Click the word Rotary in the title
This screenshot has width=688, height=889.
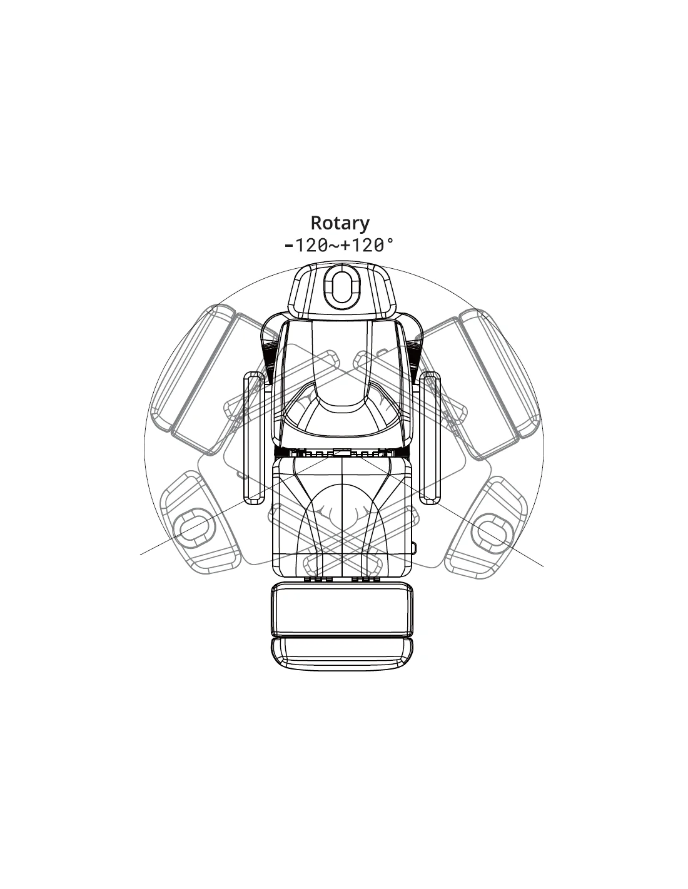(340, 223)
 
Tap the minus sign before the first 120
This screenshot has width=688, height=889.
(288, 245)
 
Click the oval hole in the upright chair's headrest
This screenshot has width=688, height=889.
(341, 288)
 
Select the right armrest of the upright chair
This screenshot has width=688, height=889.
(431, 438)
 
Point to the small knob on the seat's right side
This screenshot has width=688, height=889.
(415, 547)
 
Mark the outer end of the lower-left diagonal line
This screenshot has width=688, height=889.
(141, 554)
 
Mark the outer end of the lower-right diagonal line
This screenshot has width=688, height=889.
(543, 566)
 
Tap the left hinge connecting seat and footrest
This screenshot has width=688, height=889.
(317, 580)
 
